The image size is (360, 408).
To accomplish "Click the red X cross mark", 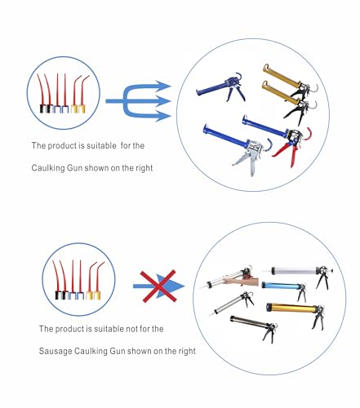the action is coord(158,286).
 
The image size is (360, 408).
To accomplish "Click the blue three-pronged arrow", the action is coord(138,101).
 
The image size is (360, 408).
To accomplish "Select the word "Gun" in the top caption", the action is coord(74,167).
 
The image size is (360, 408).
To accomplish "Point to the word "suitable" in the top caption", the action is coord(101,145).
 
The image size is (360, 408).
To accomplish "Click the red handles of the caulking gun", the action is coord(286,153).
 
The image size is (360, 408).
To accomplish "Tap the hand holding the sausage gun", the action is coord(241,281).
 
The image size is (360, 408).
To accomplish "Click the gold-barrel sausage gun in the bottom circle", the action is coord(296,313).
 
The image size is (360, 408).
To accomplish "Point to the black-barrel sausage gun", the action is coord(254,326).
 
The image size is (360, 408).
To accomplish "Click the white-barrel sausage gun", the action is coord(298,274).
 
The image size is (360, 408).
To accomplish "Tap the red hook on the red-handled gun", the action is coord(308,134).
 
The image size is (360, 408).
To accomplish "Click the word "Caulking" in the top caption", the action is coord(48,167).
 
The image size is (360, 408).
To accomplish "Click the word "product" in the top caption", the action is coord(62,145).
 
